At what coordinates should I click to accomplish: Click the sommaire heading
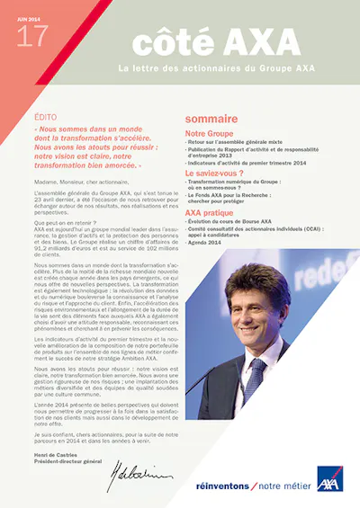click(x=211, y=118)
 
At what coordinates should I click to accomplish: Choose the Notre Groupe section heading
click(x=209, y=132)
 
